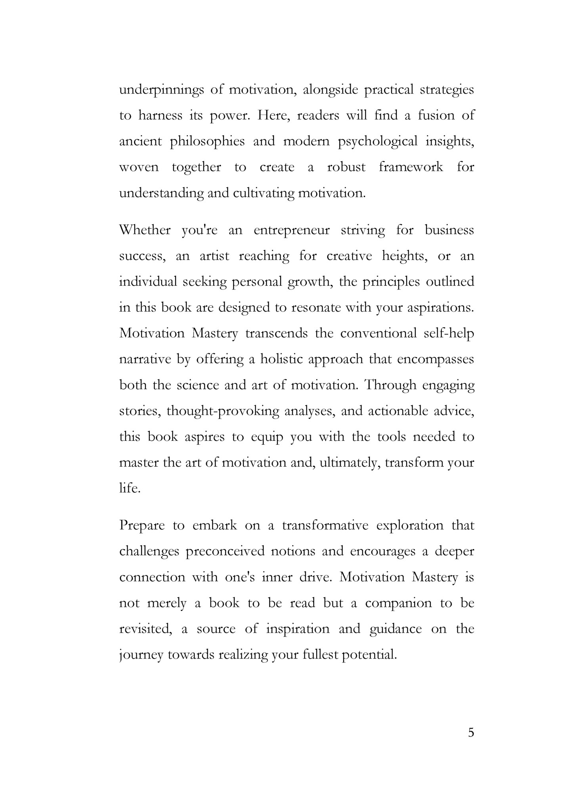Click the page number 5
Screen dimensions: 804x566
coord(471,733)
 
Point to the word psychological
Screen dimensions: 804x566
coord(378,142)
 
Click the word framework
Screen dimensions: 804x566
coord(411,167)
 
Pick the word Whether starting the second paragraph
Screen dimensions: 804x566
coord(145,230)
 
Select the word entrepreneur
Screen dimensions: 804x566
coord(292,230)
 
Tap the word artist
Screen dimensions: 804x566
coord(214,256)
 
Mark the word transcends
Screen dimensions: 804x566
coord(277,333)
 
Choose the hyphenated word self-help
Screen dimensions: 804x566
coord(449,333)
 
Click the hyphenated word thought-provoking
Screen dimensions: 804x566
coord(223,411)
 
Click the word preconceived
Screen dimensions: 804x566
coord(225,551)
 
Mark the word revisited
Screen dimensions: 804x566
coord(145,629)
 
